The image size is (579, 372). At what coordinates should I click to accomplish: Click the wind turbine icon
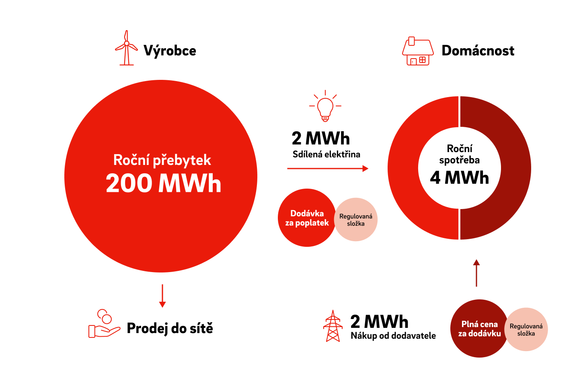126,48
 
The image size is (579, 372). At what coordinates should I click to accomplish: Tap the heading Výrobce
170,51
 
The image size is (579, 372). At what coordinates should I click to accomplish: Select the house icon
418,51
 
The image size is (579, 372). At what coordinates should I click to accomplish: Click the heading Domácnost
478,51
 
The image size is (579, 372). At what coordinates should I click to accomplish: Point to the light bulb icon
325,106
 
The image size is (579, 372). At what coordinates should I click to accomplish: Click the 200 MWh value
163,183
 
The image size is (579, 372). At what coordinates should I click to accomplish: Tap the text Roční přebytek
162,161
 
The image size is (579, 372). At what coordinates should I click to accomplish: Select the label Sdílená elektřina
326,154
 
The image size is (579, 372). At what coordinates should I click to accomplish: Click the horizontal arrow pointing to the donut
328,169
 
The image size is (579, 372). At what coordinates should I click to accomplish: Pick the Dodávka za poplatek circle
307,218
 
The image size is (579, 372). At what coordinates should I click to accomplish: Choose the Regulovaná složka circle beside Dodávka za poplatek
356,220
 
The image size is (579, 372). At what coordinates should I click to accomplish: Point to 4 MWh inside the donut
459,178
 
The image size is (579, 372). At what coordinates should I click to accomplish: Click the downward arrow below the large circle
162,296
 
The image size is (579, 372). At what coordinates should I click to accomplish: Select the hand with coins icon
104,323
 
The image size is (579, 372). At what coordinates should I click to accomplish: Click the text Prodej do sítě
170,328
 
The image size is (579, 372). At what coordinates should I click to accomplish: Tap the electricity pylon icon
333,326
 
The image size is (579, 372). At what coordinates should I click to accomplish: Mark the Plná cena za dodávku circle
479,328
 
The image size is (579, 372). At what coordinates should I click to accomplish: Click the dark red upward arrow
476,273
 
